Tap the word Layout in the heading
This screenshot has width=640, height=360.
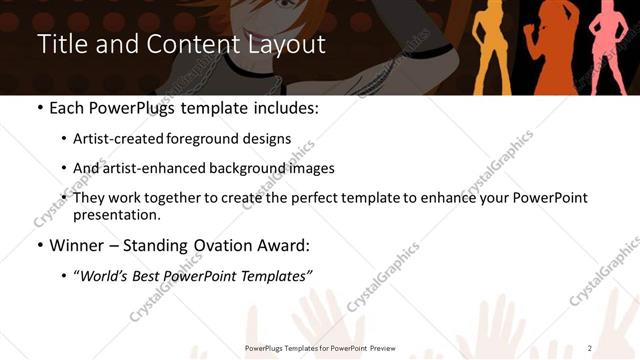click(x=282, y=46)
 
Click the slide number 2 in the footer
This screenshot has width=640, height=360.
click(x=590, y=348)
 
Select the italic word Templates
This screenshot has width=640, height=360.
click(x=276, y=276)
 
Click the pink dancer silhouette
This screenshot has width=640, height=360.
click(x=608, y=45)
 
